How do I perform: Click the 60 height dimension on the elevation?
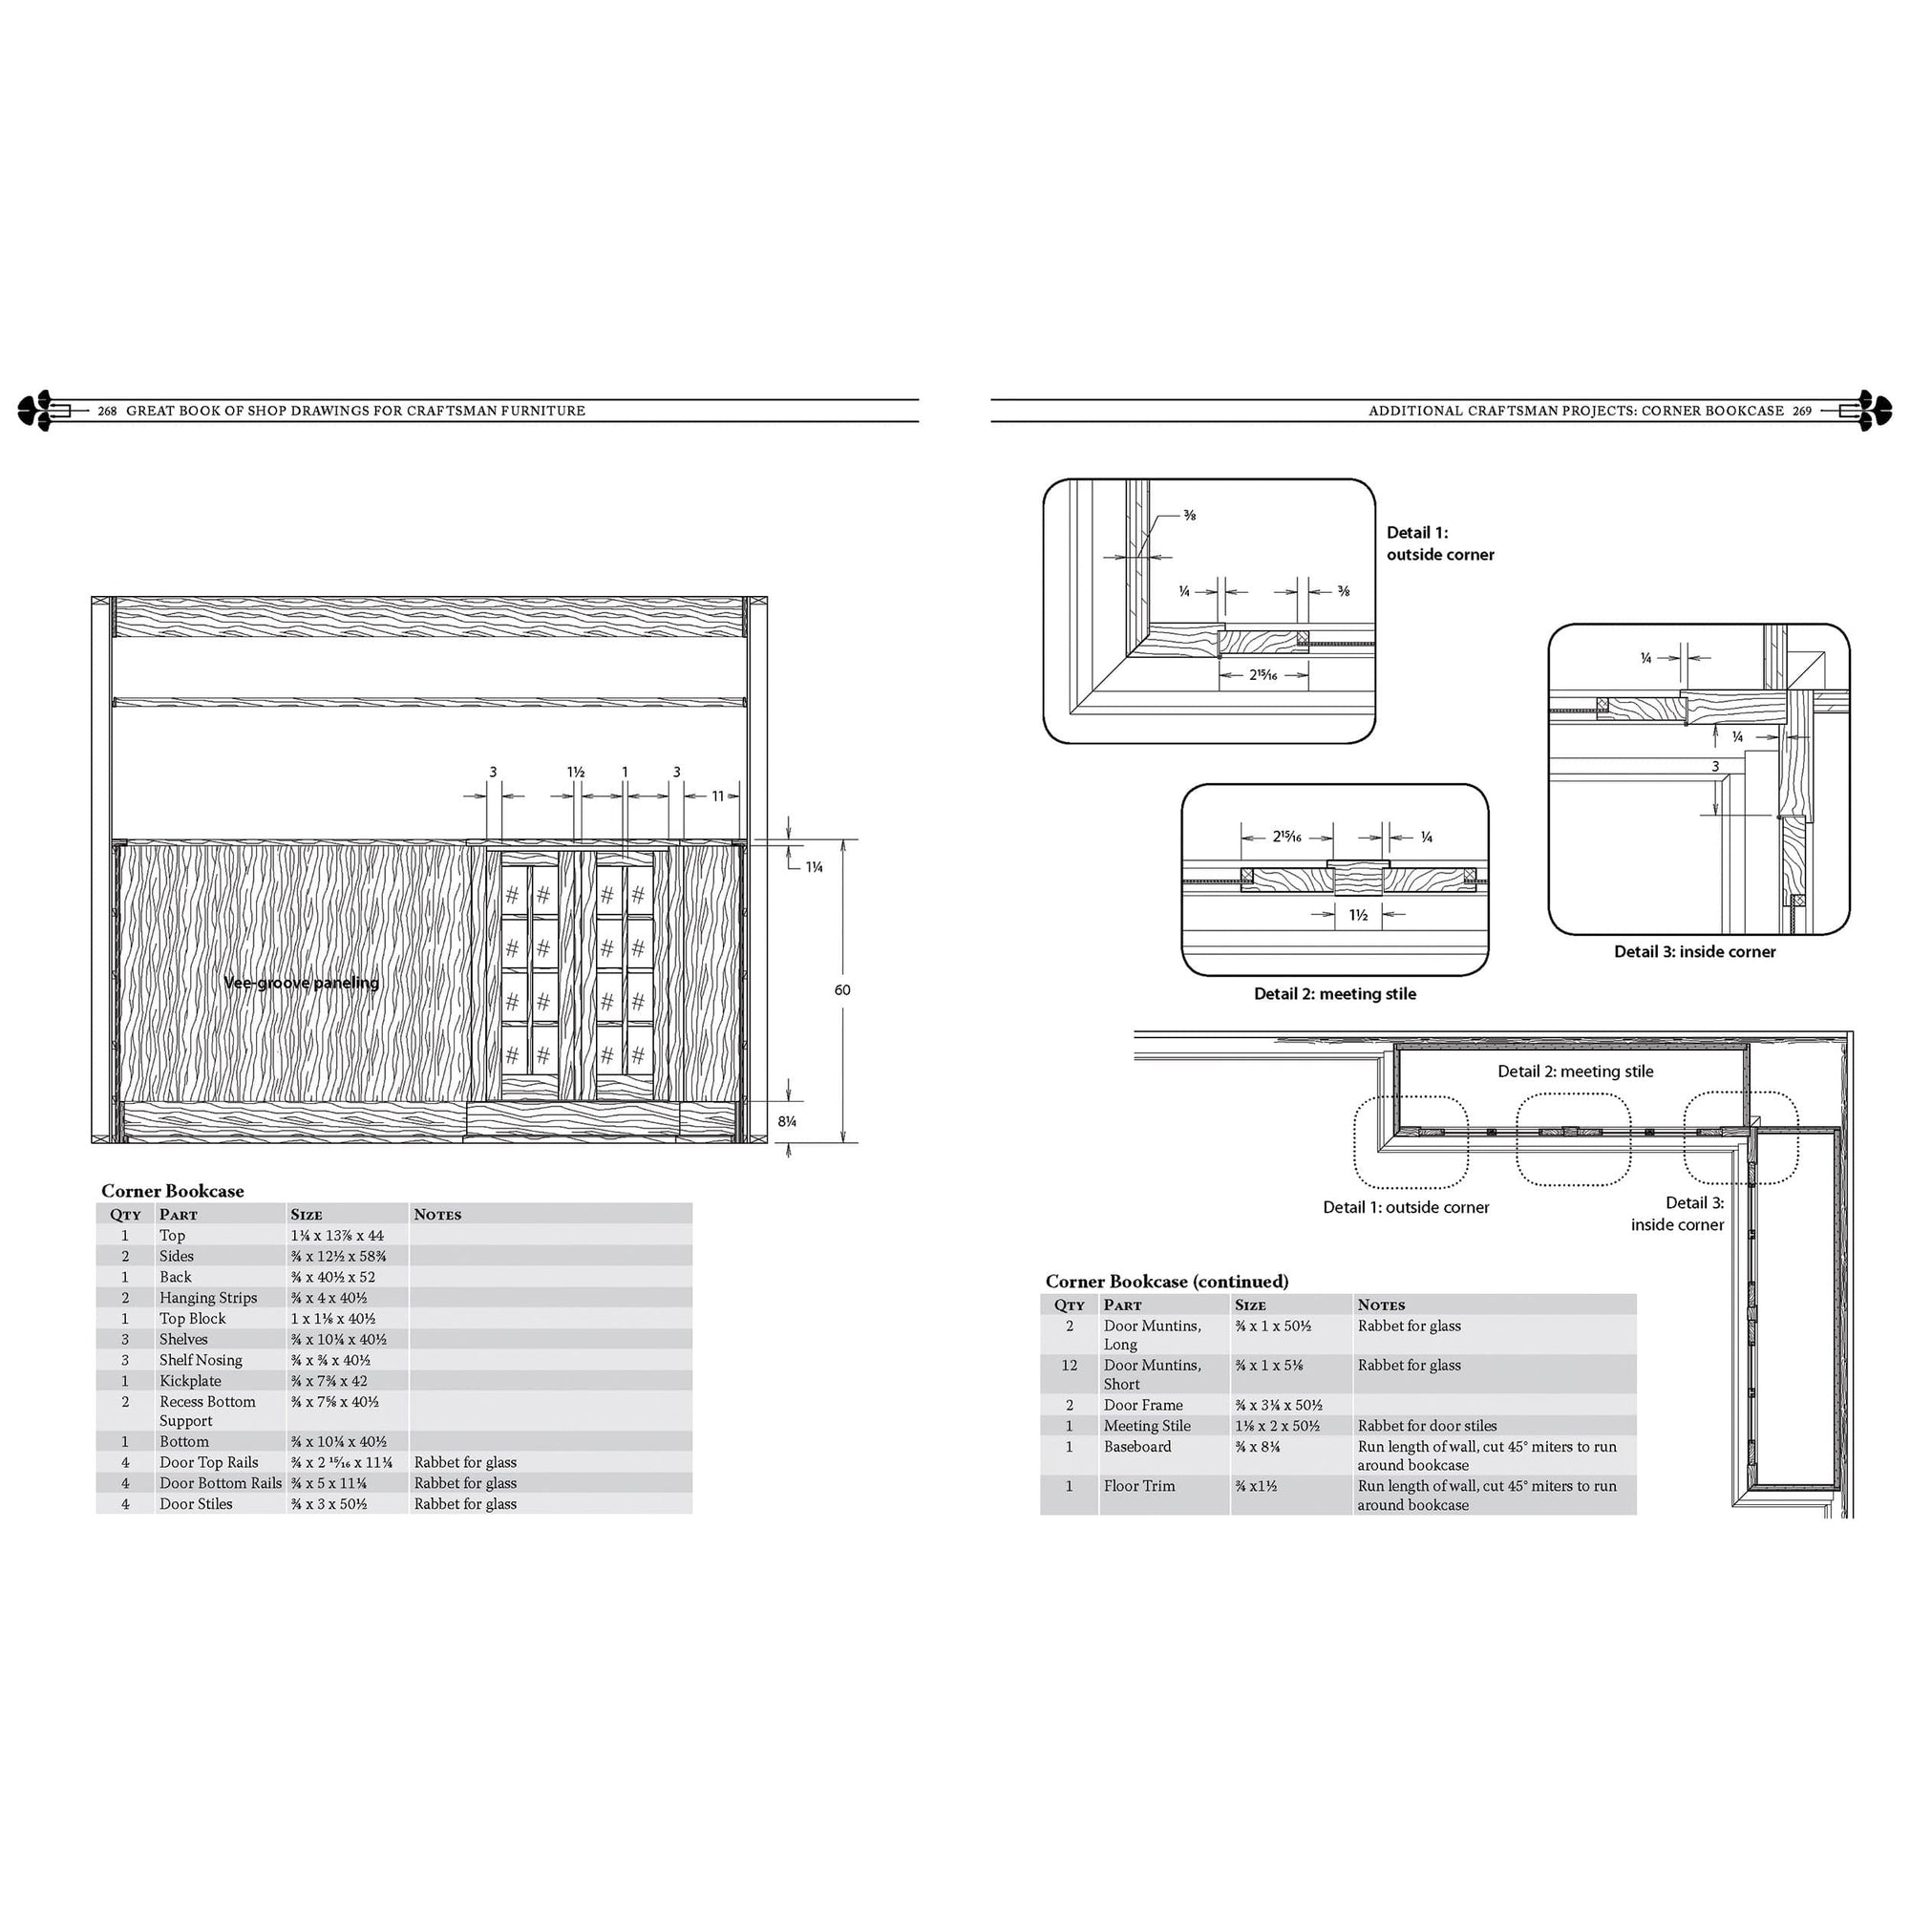[x=842, y=989]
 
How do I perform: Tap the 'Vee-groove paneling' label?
[x=302, y=983]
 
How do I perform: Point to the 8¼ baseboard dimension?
[x=787, y=1121]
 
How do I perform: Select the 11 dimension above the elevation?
[x=718, y=796]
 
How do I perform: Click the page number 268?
[x=107, y=412]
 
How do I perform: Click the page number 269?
[x=1802, y=412]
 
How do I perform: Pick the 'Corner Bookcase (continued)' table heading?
[x=1167, y=1282]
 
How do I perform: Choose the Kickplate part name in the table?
[x=190, y=1381]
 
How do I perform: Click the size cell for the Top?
[x=337, y=1236]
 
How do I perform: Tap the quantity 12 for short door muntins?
[x=1069, y=1366]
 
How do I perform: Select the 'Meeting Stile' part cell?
[x=1147, y=1426]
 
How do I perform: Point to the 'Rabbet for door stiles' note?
[x=1427, y=1426]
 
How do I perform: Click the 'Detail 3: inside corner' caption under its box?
[x=1694, y=951]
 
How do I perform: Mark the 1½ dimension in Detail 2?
[x=1358, y=916]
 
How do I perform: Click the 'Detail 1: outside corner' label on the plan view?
[x=1406, y=1207]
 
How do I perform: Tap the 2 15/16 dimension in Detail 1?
[x=1263, y=675]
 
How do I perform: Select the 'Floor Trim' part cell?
[x=1139, y=1486]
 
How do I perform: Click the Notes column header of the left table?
[x=437, y=1214]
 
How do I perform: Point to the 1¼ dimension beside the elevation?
[x=814, y=867]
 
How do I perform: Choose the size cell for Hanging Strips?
[x=329, y=1298]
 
